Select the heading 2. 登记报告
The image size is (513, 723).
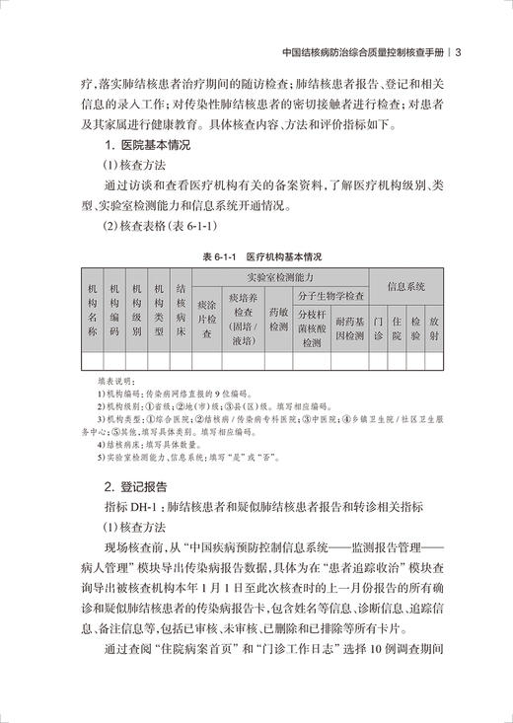pos(137,485)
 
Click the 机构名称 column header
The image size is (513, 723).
pos(92,311)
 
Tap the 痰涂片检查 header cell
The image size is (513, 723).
pos(206,320)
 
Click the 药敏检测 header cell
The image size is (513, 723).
pos(278,320)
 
